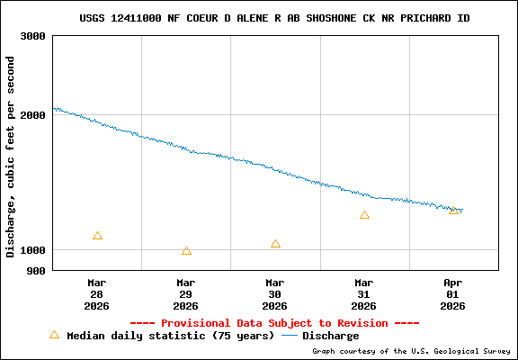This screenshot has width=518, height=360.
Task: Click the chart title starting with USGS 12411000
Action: point(274,18)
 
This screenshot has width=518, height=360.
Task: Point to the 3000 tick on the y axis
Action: point(33,36)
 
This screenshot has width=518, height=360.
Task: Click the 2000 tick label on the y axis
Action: point(33,115)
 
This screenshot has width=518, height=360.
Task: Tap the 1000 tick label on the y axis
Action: point(33,250)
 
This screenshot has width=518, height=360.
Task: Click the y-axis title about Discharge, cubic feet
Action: point(11,157)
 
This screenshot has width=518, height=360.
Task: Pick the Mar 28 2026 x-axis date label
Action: point(97,293)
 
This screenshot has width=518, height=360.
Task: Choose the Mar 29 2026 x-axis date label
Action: point(186,293)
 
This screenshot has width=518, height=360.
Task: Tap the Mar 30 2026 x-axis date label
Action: point(275,293)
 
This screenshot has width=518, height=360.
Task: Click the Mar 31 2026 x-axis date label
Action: point(364,293)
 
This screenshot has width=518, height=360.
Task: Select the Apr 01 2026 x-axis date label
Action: point(453,293)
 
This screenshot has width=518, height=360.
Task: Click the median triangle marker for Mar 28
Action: point(97,236)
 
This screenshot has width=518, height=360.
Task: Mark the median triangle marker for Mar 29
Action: point(186,251)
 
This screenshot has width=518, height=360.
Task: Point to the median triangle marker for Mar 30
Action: point(275,244)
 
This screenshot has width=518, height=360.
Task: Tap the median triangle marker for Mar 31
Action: point(364,215)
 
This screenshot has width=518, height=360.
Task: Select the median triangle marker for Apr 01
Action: point(453,210)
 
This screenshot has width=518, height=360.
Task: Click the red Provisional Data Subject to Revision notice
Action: point(274,322)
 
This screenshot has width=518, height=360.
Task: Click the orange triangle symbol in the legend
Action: point(54,335)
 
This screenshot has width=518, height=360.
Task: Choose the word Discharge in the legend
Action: point(330,336)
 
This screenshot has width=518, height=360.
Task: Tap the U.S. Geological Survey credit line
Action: point(411,351)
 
